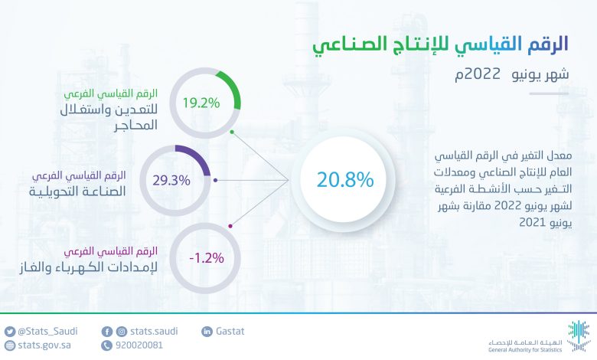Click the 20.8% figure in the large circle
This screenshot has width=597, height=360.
click(x=345, y=179)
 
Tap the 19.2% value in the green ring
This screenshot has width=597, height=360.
click(x=201, y=103)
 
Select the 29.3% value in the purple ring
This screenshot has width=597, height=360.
click(x=171, y=180)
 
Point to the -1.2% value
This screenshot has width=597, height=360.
click(x=207, y=258)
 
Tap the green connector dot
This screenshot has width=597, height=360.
click(x=232, y=133)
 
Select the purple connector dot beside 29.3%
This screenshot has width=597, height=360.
click(x=216, y=180)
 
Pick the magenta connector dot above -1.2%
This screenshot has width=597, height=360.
click(x=230, y=226)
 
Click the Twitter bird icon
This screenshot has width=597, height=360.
click(x=10, y=332)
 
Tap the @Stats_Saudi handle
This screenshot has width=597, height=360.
click(x=47, y=331)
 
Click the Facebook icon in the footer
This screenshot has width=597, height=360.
click(x=107, y=332)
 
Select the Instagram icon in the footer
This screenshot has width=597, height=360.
click(x=122, y=332)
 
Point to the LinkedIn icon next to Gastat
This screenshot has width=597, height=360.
click(x=207, y=332)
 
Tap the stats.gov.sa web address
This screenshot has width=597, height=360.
click(x=44, y=345)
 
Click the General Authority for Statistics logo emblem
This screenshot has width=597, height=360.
click(x=579, y=336)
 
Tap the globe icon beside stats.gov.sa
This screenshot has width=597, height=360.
click(x=10, y=345)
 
